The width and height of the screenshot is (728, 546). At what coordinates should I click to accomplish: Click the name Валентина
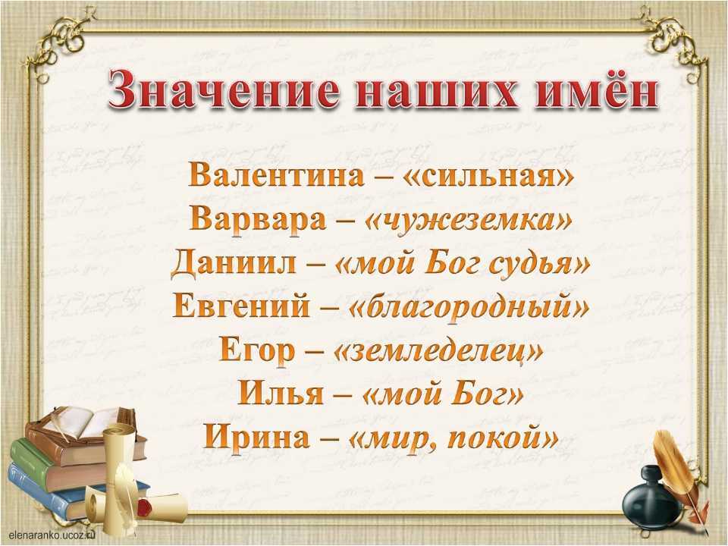tap(277, 175)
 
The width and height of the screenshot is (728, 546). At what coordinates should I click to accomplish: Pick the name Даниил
tap(233, 264)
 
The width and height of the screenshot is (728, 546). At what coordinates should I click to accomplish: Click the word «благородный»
tap(469, 308)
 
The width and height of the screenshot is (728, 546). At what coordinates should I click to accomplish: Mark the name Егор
tap(257, 351)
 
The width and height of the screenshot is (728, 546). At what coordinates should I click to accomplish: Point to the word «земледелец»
tap(438, 352)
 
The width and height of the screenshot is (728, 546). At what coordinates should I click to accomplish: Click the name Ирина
tap(256, 438)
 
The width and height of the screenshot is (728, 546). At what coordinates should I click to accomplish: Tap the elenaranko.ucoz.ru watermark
tap(52, 535)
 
